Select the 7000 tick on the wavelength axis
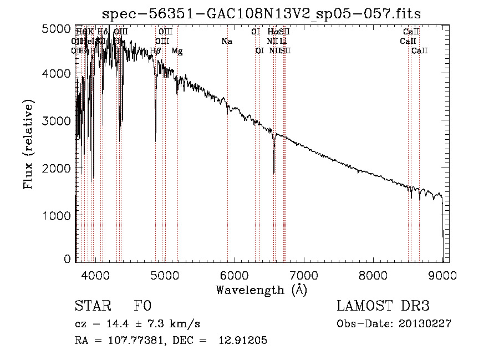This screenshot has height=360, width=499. [x=303, y=274]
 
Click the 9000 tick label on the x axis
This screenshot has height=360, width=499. [x=442, y=274]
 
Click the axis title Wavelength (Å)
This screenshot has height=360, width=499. [x=261, y=290]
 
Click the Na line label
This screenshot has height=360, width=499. [x=226, y=42]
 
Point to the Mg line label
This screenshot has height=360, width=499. [x=177, y=51]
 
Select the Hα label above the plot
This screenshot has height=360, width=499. [x=272, y=32]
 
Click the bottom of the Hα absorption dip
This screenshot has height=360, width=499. [x=274, y=173]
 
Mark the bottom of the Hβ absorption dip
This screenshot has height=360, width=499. [x=155, y=133]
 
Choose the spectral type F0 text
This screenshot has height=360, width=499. [x=142, y=307]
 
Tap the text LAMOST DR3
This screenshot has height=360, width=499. [x=383, y=307]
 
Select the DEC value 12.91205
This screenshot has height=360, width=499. [x=245, y=341]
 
